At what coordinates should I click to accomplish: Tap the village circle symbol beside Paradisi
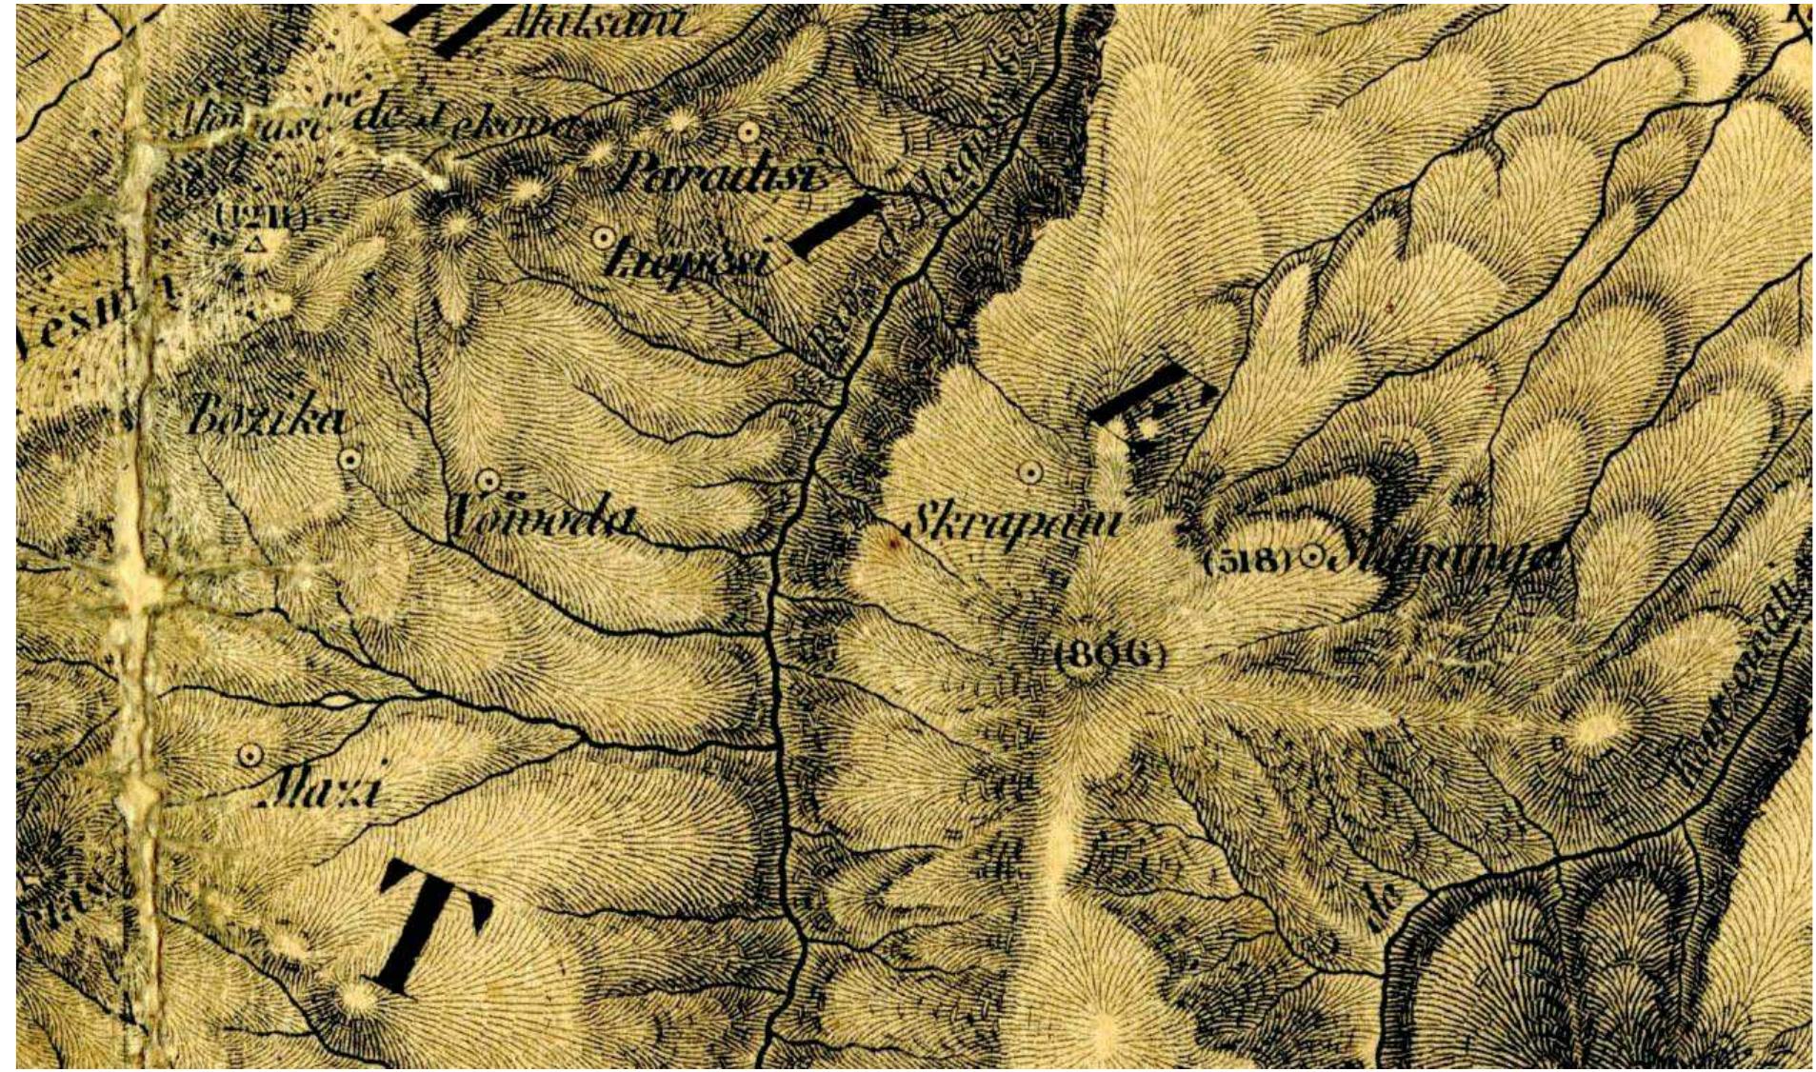click(x=749, y=131)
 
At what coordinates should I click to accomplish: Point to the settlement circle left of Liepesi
click(x=603, y=238)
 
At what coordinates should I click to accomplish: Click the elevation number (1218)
click(x=260, y=217)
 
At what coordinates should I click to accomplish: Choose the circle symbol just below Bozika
click(x=349, y=460)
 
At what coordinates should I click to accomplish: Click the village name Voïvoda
click(x=540, y=519)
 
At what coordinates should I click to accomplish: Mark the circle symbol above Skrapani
click(x=1029, y=471)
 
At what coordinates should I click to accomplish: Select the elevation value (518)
click(x=1247, y=560)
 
